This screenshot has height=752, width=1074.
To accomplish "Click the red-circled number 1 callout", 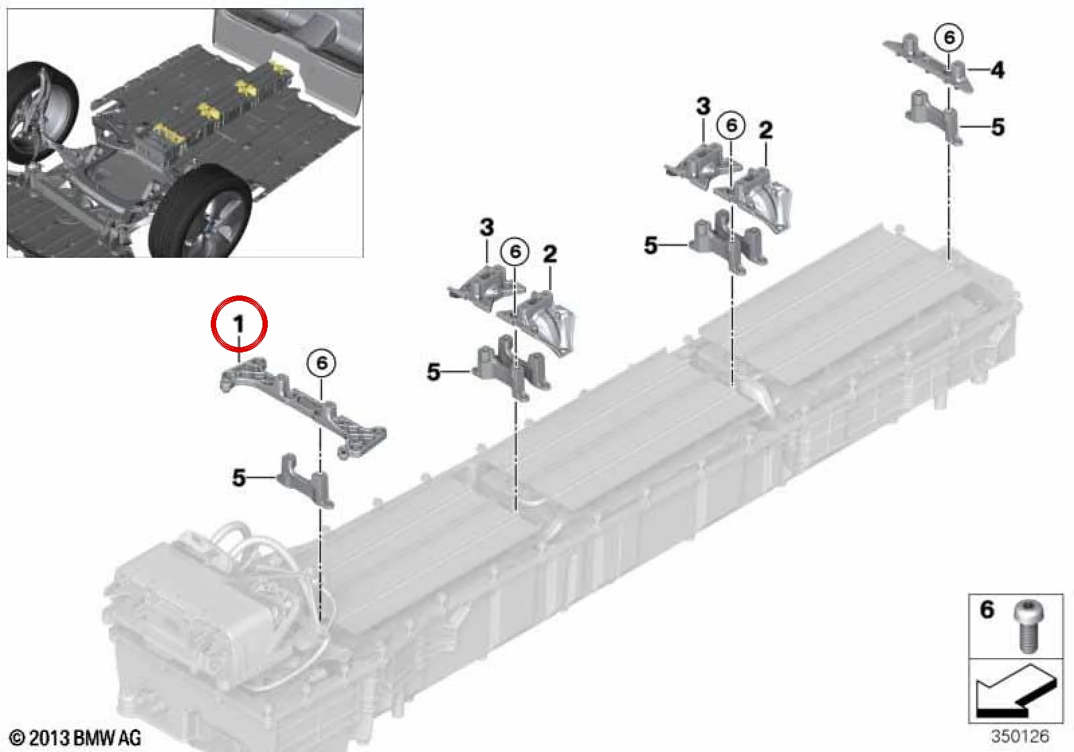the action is [x=239, y=324].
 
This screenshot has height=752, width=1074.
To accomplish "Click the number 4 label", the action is [x=997, y=70].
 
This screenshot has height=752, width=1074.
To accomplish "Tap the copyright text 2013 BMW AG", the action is [x=76, y=737].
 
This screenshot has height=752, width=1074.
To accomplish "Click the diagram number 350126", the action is [x=1020, y=736].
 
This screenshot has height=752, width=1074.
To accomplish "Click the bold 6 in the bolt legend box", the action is [x=987, y=610].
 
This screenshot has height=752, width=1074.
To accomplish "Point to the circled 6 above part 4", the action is [x=949, y=38].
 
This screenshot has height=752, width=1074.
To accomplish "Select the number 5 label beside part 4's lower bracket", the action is [x=997, y=127].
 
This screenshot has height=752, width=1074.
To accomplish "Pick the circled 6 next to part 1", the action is [x=322, y=363].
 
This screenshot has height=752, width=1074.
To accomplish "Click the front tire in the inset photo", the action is [x=201, y=211].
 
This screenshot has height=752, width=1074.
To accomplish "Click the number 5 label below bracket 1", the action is [x=239, y=477].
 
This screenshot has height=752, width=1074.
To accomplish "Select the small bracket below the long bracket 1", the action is [x=305, y=480].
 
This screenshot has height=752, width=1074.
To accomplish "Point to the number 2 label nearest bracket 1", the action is [x=550, y=254].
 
